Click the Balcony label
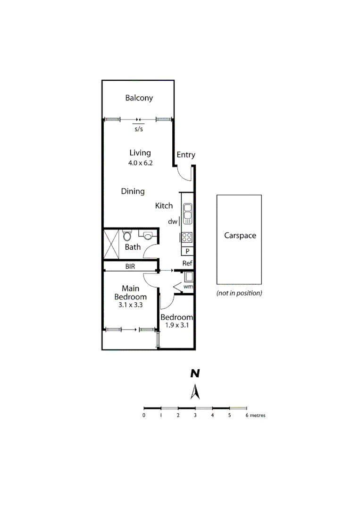139,98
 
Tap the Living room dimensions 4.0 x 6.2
141,163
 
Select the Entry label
185,155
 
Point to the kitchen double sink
187,213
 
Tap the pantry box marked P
187,251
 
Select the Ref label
187,263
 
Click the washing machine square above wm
188,276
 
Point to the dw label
172,221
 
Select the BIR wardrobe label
130,266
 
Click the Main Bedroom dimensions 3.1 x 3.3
130,305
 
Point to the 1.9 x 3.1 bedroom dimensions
177,325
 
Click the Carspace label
240,235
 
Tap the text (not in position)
239,293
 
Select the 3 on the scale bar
195,416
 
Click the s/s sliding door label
139,129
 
